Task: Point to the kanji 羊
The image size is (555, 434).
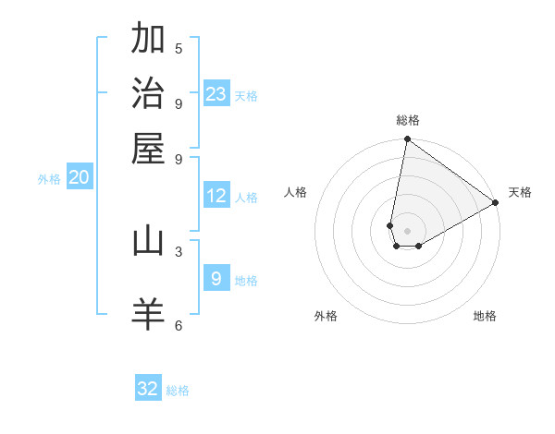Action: point(148,314)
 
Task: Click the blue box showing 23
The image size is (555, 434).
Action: point(216,93)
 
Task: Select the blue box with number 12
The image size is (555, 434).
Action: point(216,196)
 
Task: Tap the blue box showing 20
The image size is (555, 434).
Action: point(79,178)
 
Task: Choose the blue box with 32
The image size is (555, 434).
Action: point(148,389)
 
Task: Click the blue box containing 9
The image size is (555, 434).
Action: point(216,279)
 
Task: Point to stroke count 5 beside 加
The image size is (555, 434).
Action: point(179,49)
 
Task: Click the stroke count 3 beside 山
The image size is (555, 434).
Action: point(179,251)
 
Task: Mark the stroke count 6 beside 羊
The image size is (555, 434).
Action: point(179,325)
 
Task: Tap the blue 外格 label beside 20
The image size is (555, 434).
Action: point(49,179)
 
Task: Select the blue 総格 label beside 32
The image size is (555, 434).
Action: point(178,391)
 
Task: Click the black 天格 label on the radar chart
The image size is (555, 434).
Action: point(520,192)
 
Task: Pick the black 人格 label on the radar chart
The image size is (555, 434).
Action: point(296,192)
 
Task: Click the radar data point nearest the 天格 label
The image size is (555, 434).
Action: point(496,203)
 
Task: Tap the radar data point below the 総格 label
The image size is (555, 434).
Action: point(407,140)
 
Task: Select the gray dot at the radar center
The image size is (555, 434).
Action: point(407,231)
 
